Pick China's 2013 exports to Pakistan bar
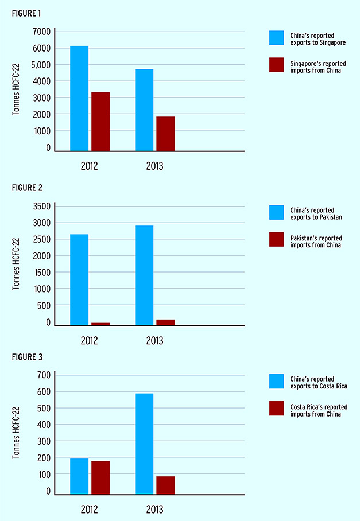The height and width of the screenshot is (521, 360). point(144,275)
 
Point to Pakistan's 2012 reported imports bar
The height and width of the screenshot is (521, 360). point(100,324)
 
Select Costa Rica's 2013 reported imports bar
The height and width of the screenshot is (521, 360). point(165,485)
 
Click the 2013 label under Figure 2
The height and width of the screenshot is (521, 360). point(154,341)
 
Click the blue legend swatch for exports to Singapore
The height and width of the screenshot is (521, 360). point(277,38)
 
